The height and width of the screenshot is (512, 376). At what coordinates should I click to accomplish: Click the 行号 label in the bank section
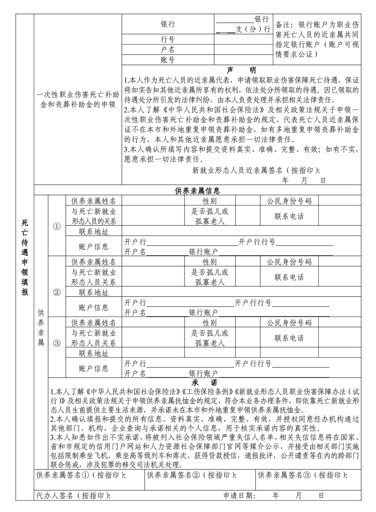(x=168, y=40)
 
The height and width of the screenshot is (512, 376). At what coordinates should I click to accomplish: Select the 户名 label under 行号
(x=168, y=50)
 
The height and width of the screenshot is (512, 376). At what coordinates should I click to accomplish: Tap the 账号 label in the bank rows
(x=168, y=60)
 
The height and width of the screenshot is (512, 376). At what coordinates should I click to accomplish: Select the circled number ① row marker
(x=57, y=226)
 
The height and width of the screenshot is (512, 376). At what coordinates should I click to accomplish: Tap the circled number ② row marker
(x=57, y=292)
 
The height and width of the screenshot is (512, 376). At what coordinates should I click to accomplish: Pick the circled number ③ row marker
(x=57, y=344)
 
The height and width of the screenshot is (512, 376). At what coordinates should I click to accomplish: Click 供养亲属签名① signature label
(x=81, y=475)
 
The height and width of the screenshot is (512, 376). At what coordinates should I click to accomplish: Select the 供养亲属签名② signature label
(x=191, y=475)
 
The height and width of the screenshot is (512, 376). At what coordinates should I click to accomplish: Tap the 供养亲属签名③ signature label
(x=302, y=475)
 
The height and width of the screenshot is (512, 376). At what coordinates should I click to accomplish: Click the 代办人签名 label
(x=73, y=496)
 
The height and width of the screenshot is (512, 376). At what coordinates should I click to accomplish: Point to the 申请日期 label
(x=239, y=496)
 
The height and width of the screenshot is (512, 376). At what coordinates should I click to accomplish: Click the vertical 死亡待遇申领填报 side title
(x=25, y=258)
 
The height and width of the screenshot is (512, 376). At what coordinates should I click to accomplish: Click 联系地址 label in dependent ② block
(x=94, y=292)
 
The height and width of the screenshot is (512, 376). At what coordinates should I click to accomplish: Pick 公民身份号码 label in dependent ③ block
(x=289, y=323)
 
